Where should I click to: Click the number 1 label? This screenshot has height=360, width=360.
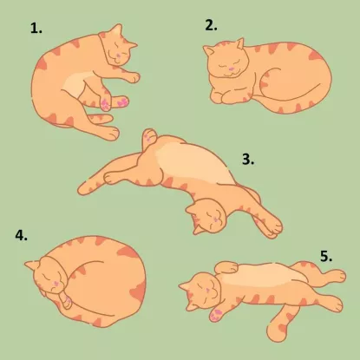tap(36, 29)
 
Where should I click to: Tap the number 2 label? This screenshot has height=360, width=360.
tap(211, 25)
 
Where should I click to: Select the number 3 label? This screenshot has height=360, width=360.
tap(248, 159)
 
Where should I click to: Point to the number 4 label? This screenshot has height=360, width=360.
tap(22, 235)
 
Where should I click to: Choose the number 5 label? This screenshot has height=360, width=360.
tap(326, 256)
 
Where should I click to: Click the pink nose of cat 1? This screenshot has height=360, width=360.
tap(119, 55)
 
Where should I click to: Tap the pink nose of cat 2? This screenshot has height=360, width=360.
tap(231, 69)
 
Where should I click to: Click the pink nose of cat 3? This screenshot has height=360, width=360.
tap(214, 219)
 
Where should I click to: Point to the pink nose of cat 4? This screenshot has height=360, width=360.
tap(55, 284)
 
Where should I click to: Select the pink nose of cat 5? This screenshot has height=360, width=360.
tap(207, 290)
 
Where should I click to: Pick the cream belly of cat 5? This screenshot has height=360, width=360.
tap(260, 275)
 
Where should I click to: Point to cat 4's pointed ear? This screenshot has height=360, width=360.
tap(31, 265)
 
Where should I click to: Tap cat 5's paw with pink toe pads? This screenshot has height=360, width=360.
tap(216, 315)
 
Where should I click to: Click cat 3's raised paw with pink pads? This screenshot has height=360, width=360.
tap(149, 136)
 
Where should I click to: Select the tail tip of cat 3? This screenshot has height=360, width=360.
tap(83, 189)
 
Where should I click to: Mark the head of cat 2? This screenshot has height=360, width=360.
tap(226, 60)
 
